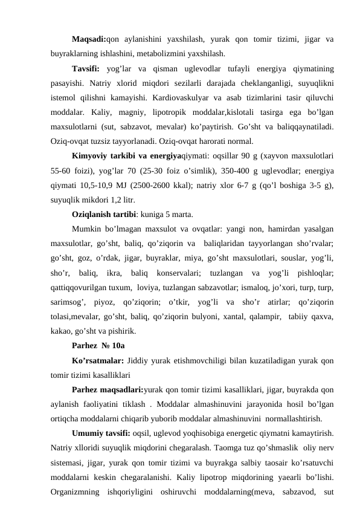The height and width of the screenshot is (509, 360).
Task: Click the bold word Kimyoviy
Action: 89,157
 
